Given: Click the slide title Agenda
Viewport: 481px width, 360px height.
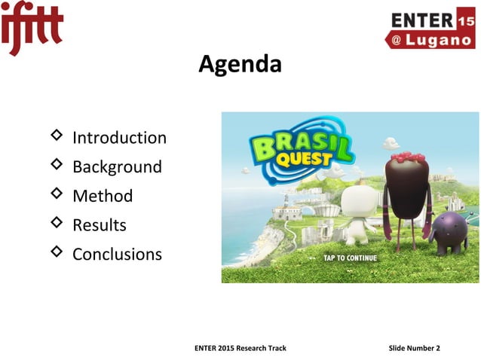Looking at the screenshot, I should coord(240,66).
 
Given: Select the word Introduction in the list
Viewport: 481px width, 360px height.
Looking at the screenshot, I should coord(119,138).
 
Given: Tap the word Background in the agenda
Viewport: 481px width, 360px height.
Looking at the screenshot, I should coord(117,166).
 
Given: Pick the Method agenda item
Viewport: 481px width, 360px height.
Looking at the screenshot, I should coord(103,196).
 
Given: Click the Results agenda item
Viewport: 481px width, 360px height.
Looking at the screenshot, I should coord(99,225).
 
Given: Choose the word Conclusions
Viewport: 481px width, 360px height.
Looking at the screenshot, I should coord(117,254).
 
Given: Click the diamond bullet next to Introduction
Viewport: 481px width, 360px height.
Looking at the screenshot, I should coord(56,136).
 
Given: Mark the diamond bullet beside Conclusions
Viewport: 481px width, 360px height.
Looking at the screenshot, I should coord(56,252).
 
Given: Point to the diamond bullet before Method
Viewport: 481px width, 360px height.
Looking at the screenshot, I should coord(56,194).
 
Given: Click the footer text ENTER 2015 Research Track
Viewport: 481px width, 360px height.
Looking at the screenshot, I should coord(240,347).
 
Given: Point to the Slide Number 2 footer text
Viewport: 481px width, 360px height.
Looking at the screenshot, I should coord(414,347).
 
